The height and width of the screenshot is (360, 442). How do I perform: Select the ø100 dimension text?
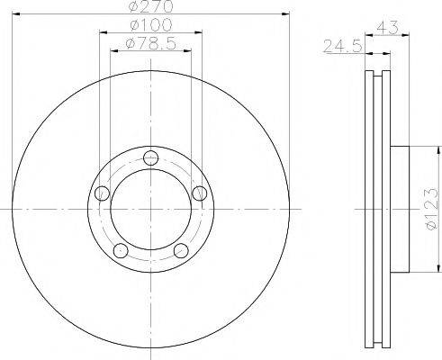tap(151, 26)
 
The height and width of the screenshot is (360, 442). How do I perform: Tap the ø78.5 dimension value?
tap(151, 42)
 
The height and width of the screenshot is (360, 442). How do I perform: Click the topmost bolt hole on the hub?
tap(149, 155)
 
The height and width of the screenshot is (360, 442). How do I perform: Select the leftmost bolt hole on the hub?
tap(102, 192)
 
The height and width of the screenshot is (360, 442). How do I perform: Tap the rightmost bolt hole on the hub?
tap(199, 190)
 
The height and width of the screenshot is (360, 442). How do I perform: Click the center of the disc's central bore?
tap(150, 209)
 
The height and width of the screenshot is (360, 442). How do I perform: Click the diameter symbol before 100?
tap(135, 26)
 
